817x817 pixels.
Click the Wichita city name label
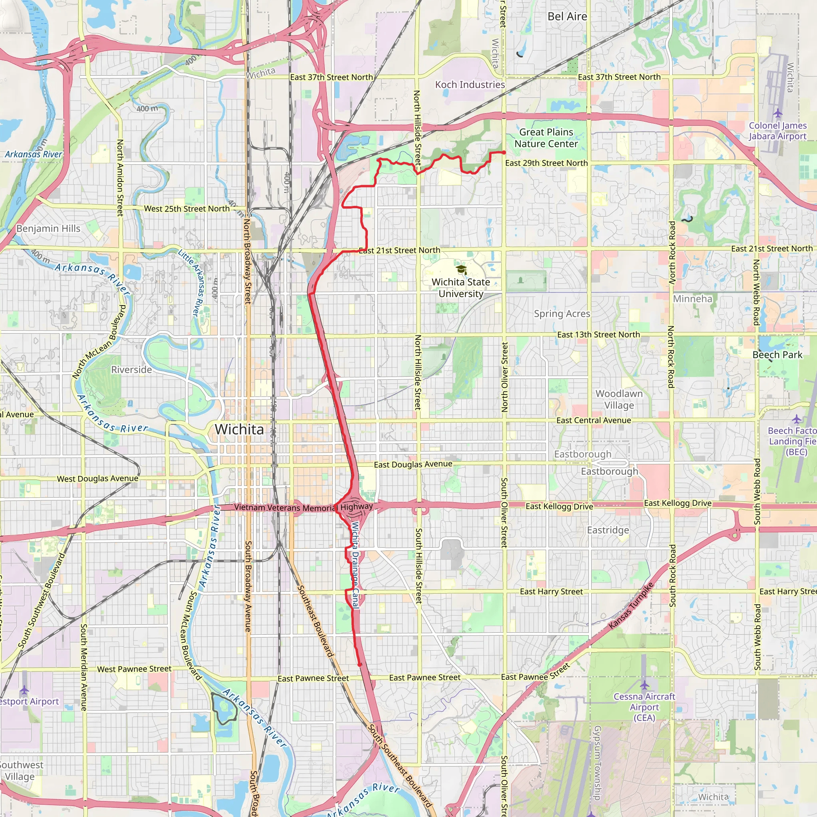239,429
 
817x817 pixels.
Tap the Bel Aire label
567,16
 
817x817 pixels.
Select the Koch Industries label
470,85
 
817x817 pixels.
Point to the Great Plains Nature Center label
546,138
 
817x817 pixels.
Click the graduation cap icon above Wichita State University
461,270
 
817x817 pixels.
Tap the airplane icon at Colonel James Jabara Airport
778,113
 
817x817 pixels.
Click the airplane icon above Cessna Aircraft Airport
644,685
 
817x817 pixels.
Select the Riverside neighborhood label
132,369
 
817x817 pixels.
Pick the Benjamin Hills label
48,228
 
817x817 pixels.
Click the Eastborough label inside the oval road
610,471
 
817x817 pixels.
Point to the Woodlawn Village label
619,399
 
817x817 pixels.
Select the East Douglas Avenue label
413,464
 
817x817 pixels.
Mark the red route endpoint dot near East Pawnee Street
359,665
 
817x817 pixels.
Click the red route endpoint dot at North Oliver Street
504,152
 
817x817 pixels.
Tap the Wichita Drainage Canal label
355,565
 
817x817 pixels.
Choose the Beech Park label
777,355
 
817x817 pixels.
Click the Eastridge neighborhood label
608,530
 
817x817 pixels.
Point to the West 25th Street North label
186,209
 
